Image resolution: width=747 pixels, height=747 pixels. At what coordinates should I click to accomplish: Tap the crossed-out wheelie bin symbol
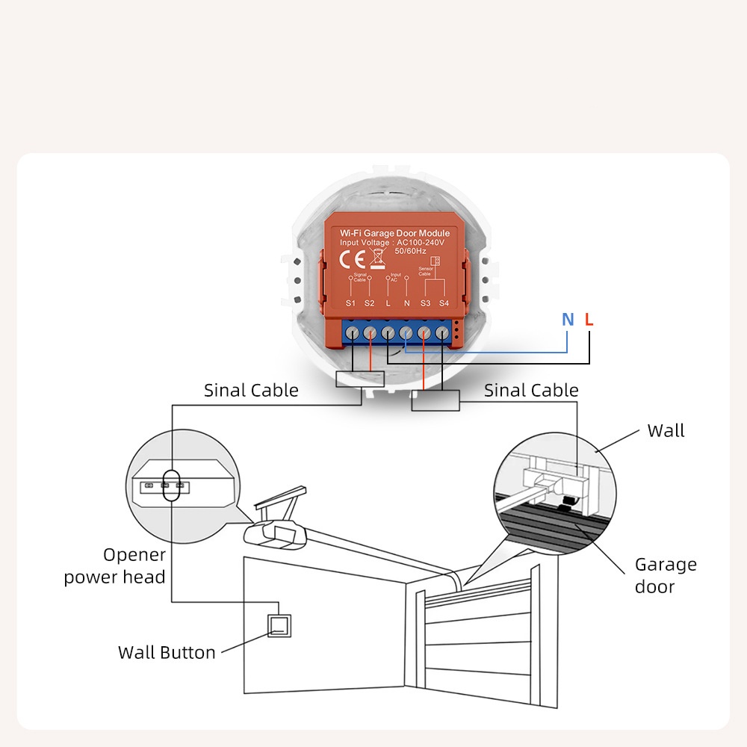click(x=378, y=258)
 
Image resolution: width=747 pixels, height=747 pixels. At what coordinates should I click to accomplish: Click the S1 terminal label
click(x=351, y=303)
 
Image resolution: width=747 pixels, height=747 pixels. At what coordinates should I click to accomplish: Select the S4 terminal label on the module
click(x=444, y=303)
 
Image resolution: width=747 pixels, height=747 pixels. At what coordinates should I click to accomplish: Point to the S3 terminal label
click(x=425, y=303)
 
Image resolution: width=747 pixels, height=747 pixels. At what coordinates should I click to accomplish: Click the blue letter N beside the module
click(x=568, y=320)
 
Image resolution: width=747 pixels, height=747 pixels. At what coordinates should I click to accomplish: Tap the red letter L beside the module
click(x=589, y=320)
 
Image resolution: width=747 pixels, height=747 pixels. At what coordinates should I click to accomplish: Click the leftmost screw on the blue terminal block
click(x=352, y=332)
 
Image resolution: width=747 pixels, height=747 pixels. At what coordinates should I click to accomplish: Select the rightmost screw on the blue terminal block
click(x=442, y=332)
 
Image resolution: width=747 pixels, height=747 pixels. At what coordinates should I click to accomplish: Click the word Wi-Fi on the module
click(x=350, y=233)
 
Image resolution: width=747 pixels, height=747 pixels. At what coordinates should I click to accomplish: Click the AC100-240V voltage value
click(x=420, y=242)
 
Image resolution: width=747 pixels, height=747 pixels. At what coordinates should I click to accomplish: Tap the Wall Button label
click(x=167, y=652)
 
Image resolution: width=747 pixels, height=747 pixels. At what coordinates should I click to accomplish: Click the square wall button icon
click(x=279, y=625)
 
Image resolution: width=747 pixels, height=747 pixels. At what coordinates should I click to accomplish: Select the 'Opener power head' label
click(x=115, y=565)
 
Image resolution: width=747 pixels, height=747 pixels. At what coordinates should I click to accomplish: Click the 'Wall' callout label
click(x=666, y=431)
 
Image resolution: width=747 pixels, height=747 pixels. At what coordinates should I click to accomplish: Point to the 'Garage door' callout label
click(x=665, y=575)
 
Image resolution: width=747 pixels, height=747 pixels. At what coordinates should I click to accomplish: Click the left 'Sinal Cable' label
click(x=251, y=390)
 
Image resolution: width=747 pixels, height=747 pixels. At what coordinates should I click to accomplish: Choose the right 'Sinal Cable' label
click(x=531, y=390)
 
